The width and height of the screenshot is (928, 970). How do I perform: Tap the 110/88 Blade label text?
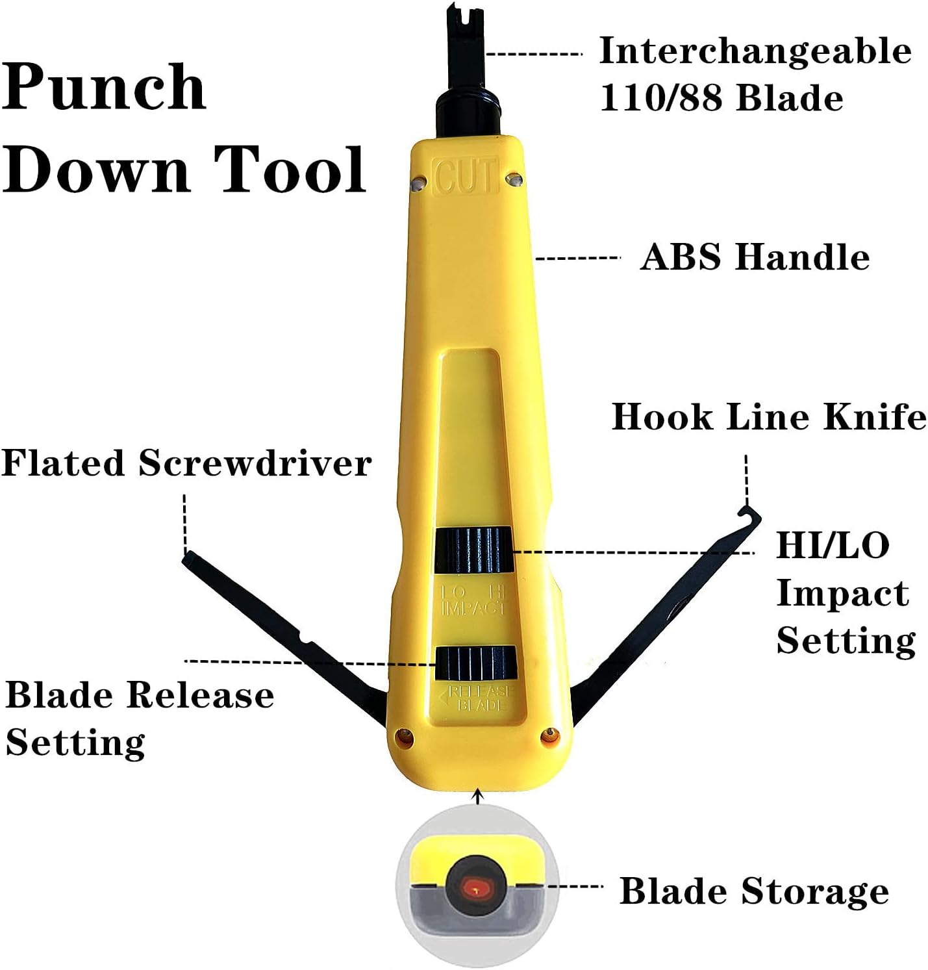721,97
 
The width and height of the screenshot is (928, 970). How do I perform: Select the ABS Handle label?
755,257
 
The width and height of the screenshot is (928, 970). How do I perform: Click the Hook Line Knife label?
769,416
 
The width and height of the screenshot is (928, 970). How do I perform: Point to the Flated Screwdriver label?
186,463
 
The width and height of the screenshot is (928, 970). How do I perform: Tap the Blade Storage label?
754,891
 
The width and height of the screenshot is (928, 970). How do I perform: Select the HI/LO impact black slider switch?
473,551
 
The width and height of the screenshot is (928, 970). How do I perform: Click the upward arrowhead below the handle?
479,794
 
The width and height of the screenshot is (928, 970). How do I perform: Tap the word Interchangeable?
755,51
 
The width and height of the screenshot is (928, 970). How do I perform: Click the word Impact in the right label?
842,593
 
